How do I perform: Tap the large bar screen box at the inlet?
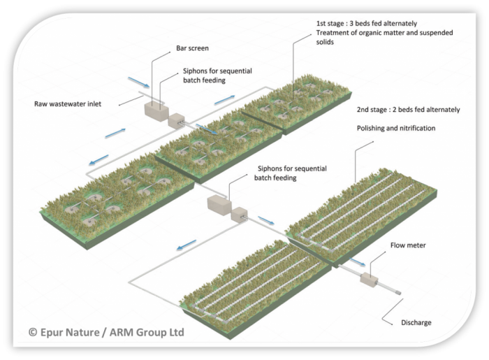pos(153,110)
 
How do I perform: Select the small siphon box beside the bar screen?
pos(176,120)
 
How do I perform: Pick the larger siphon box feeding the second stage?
pos(217,204)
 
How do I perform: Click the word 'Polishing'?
pos(374,129)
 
